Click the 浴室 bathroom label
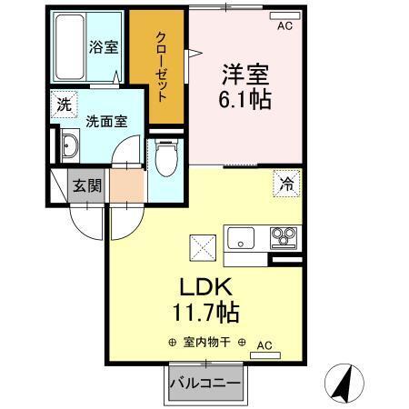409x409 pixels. pos(104,47)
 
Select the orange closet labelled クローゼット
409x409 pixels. pos(159,68)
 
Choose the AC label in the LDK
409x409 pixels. pos(264,345)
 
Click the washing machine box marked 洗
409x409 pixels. pos(64,105)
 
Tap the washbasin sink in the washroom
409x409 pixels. pos(70,145)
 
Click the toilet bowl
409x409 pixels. pos(165,160)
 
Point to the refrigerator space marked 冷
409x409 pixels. pos(286,184)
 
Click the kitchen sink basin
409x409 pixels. pos(243,239)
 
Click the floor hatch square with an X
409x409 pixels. pos(201,245)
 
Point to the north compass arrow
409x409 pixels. pos(344,382)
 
